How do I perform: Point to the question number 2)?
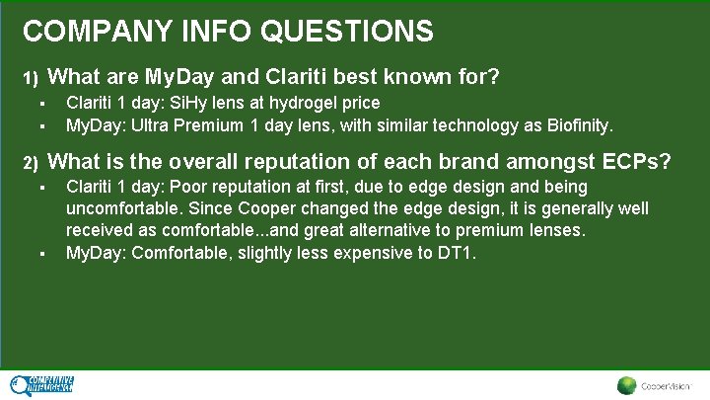(31, 163)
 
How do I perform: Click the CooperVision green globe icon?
(626, 386)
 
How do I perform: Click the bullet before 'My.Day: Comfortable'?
(43, 253)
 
